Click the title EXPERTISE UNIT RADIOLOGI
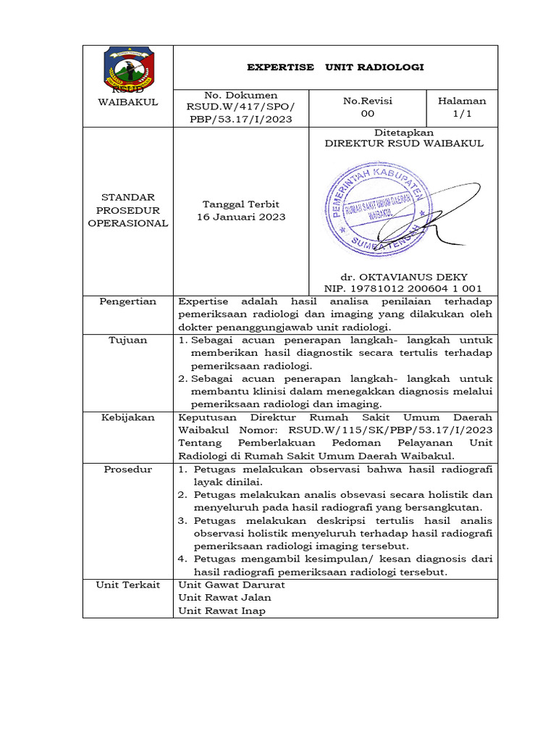point(335,67)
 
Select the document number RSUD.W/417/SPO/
point(241,107)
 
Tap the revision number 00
point(368,114)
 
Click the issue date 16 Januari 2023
point(241,217)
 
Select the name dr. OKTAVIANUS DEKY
point(403,277)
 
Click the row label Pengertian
point(127,301)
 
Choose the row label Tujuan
point(127,340)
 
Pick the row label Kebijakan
point(127,417)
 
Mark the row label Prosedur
point(127,469)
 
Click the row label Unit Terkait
point(127,585)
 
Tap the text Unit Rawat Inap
point(222,611)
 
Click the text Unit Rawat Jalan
point(225,598)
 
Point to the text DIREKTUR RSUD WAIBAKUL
point(403,143)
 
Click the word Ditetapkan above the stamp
point(403,133)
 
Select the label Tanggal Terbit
point(241,204)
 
